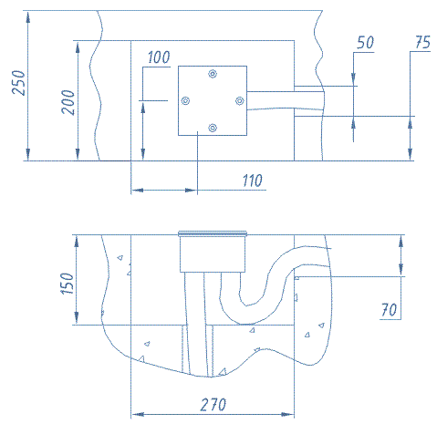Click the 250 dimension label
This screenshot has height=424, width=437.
click(18, 83)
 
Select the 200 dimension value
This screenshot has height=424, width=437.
click(68, 102)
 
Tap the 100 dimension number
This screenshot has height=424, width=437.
click(159, 57)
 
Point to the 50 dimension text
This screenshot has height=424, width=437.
click(365, 42)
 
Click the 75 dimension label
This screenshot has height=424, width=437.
click(423, 42)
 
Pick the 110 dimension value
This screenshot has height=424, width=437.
click(253, 181)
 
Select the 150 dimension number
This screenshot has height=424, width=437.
click(68, 284)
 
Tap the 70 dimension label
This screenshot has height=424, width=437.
click(389, 310)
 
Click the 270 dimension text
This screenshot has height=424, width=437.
click(213, 405)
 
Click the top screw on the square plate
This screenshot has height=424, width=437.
click(213, 74)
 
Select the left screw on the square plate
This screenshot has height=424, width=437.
click(185, 100)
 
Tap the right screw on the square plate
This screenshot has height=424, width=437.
click(240, 100)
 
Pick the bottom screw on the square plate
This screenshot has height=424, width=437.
click(213, 128)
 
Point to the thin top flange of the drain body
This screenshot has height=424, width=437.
click(213, 233)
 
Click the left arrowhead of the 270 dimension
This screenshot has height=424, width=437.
click(138, 414)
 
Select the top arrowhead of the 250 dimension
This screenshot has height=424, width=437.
click(28, 17)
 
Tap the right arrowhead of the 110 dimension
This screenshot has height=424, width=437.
click(191, 191)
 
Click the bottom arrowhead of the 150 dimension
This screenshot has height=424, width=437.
click(77, 318)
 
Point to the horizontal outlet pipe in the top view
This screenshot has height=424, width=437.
click(286, 100)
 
